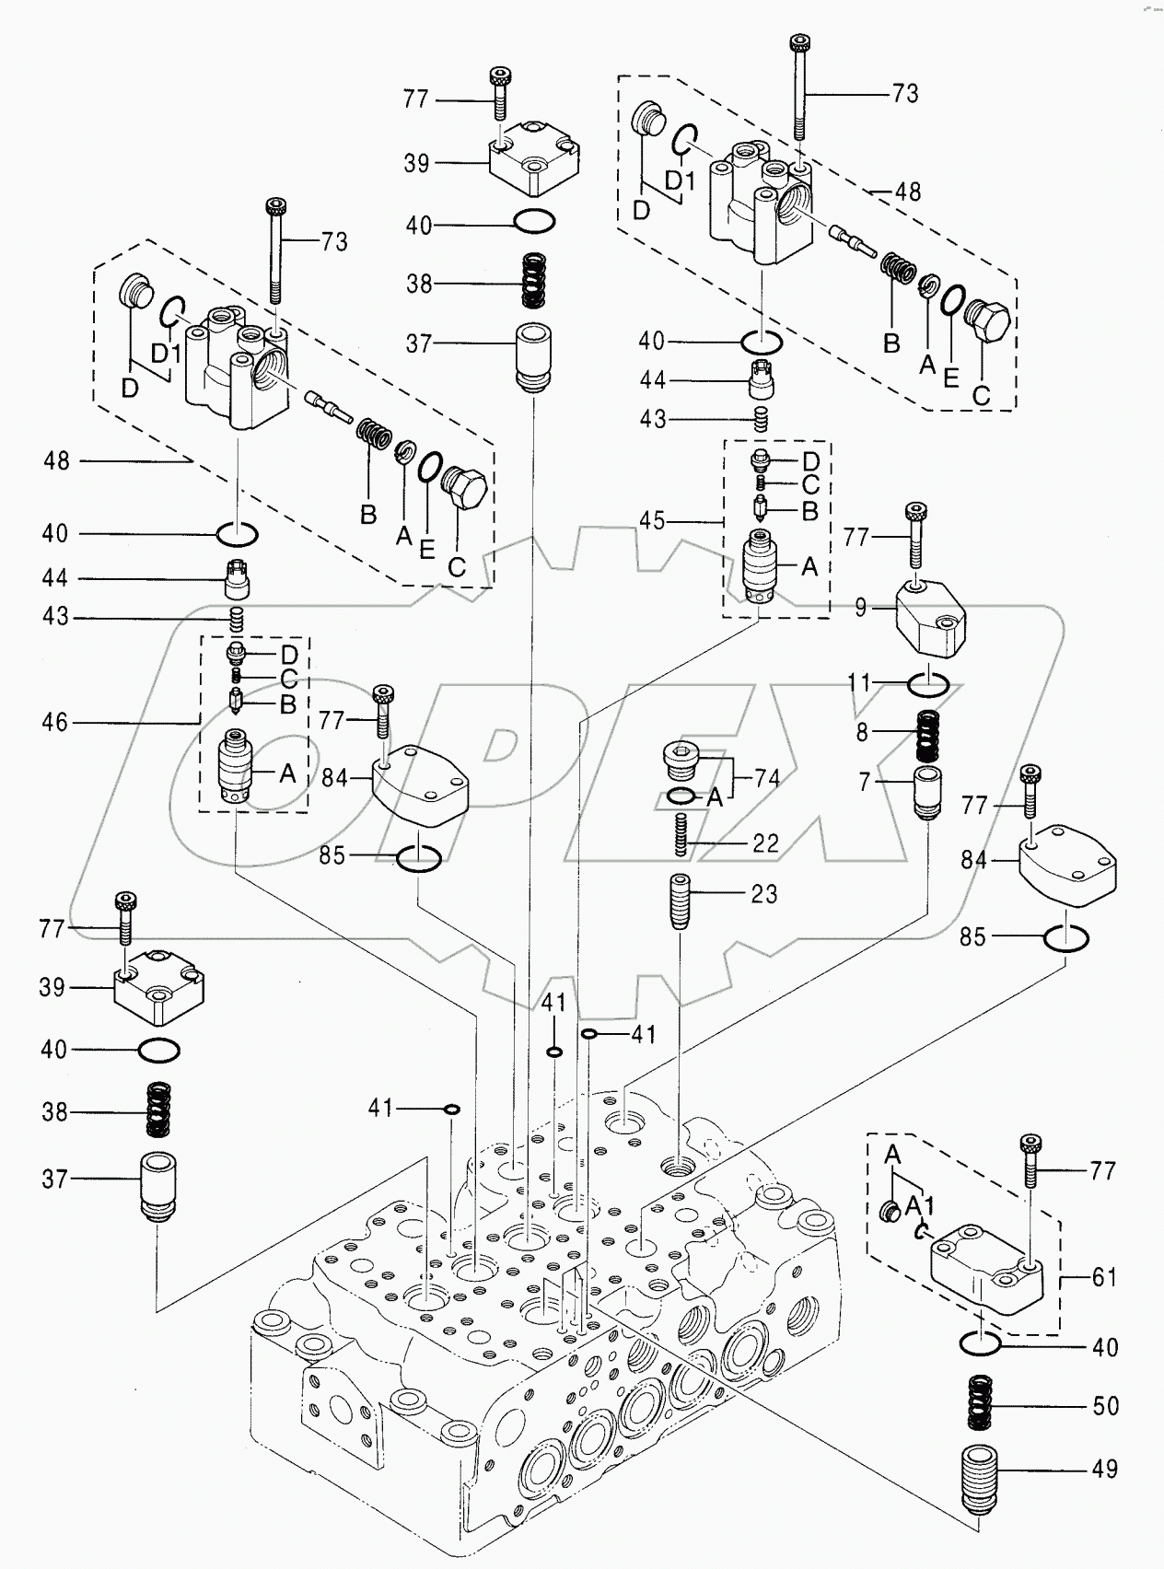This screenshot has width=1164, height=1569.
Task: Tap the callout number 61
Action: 1103,1277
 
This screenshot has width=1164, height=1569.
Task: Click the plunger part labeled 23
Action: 680,900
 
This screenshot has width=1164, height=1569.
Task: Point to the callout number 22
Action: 765,843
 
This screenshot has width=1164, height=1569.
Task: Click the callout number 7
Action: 864,783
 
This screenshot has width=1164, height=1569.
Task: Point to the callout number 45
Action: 652,521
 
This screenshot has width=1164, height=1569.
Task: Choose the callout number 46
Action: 55,722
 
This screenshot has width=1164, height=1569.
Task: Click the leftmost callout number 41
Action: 380,1108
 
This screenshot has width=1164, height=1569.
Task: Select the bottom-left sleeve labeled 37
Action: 157,1186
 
